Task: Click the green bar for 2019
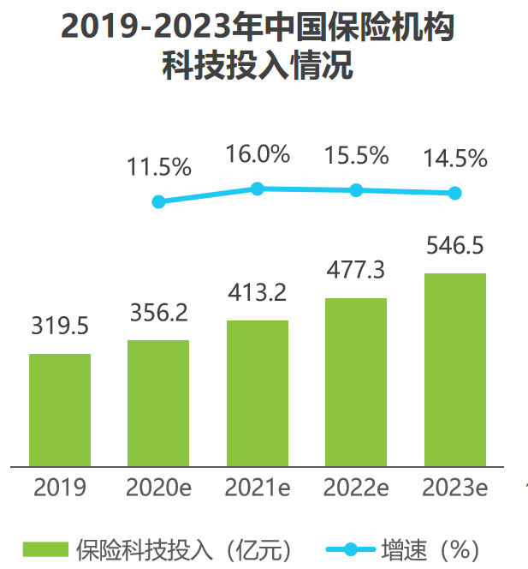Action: point(60,410)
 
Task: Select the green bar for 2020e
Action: point(158,403)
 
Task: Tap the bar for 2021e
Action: point(257,393)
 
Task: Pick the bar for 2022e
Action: point(355,382)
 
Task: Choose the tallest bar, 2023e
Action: point(454,369)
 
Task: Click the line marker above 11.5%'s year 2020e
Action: point(158,202)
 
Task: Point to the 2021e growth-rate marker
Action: point(257,189)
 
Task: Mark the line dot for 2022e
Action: point(356,190)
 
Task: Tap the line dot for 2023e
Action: point(454,193)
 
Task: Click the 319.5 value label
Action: point(60,326)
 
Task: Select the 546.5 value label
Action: point(454,246)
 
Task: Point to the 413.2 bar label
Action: point(257,293)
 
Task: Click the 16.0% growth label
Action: point(258,154)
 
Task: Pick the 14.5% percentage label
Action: point(455,159)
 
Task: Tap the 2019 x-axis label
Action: point(60,488)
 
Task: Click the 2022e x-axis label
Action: point(356,488)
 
